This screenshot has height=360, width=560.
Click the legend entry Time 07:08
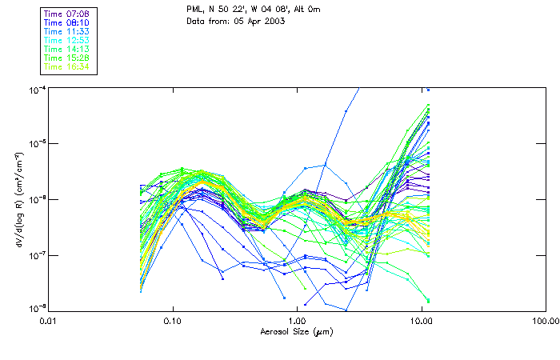(x=66, y=14)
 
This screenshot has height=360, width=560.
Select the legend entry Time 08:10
(x=66, y=22)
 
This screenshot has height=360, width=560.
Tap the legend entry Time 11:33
(x=66, y=31)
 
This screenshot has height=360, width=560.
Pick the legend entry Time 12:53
(x=66, y=40)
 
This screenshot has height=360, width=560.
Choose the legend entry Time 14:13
(x=66, y=49)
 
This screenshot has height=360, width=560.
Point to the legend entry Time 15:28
(x=66, y=58)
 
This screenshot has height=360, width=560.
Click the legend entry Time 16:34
(x=66, y=66)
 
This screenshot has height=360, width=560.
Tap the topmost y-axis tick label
(x=36, y=89)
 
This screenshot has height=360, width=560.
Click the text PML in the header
(x=194, y=9)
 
